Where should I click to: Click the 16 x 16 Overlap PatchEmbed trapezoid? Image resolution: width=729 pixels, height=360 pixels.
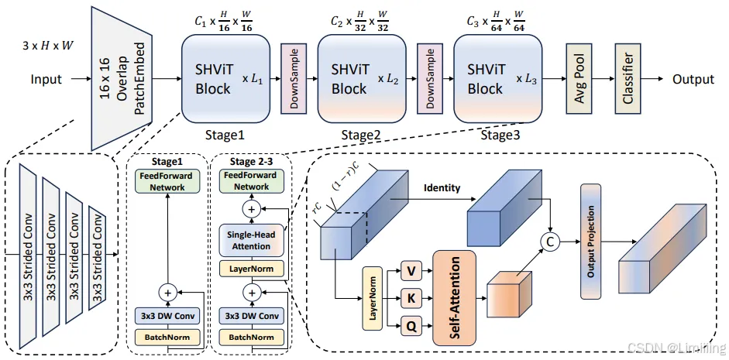click(125, 78)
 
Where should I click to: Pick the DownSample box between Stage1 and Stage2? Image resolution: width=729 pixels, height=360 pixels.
click(294, 79)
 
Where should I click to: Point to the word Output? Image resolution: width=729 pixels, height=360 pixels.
click(693, 80)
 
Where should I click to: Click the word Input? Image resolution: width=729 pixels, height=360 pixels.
click(46, 80)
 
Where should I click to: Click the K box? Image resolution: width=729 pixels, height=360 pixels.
click(411, 298)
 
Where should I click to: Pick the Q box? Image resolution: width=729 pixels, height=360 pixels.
click(411, 327)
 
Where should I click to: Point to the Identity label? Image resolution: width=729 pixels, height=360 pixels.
click(442, 188)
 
